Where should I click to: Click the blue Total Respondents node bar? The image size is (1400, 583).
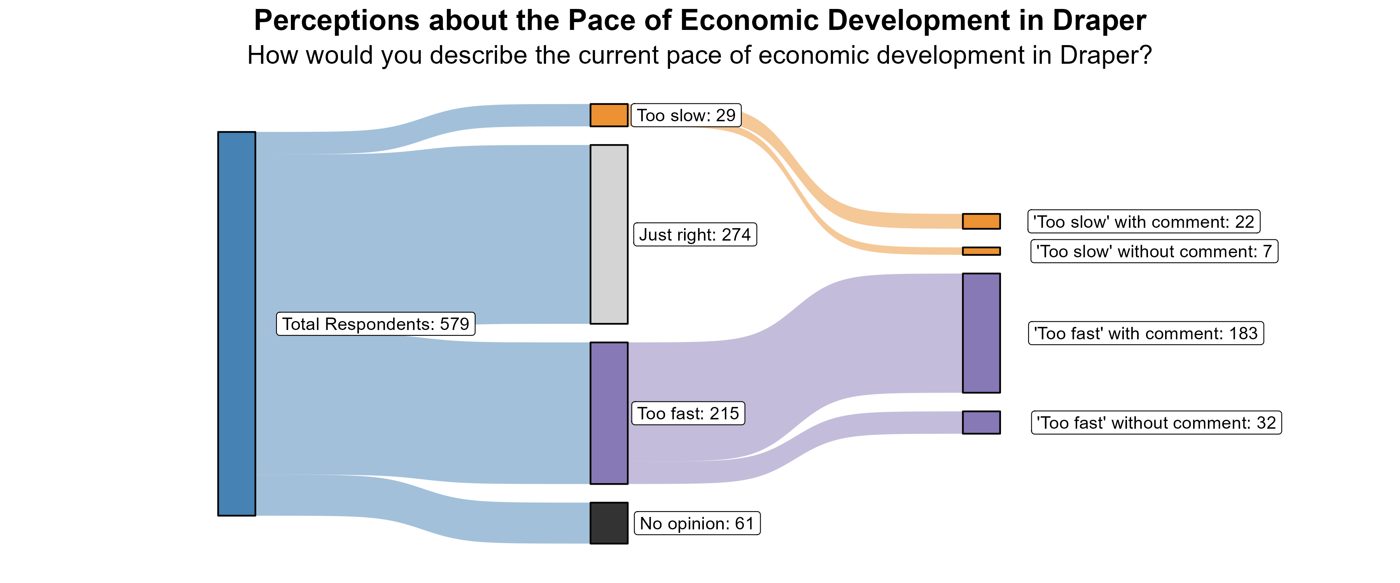click(x=236, y=323)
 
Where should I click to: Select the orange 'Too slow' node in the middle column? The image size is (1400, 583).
click(x=609, y=115)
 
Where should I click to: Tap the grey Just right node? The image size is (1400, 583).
click(x=609, y=234)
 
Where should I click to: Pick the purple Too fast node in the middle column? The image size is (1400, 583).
click(x=609, y=413)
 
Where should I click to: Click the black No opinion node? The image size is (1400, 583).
click(x=609, y=523)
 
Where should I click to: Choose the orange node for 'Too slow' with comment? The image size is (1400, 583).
click(x=981, y=221)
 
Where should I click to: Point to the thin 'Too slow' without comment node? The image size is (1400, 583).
click(x=981, y=251)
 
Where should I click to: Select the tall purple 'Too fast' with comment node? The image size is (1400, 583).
click(x=981, y=333)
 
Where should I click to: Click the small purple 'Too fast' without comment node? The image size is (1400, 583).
click(x=981, y=422)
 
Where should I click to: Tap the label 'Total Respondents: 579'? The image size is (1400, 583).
click(x=376, y=324)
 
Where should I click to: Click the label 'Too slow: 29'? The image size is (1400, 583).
click(x=686, y=115)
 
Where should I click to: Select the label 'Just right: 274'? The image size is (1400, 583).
click(x=695, y=235)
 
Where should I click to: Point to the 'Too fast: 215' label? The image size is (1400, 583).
click(x=688, y=414)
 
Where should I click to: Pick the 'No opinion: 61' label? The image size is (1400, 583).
click(x=697, y=523)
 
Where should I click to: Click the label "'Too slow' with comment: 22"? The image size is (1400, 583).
click(x=1143, y=222)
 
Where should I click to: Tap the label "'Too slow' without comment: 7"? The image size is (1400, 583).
click(x=1154, y=251)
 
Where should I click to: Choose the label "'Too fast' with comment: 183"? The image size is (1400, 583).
click(x=1146, y=333)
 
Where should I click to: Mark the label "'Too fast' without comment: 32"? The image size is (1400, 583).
click(x=1156, y=423)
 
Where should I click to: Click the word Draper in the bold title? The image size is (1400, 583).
click(x=1099, y=21)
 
